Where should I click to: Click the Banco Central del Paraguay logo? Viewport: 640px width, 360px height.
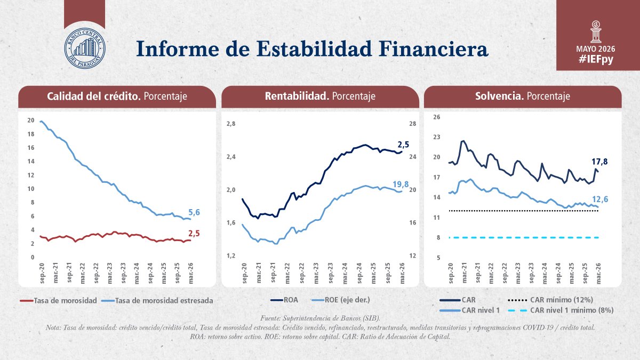pyautogui.click(x=85, y=49)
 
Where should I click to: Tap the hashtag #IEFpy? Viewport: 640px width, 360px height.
pyautogui.click(x=596, y=59)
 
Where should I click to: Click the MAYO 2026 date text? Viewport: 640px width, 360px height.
pyautogui.click(x=596, y=49)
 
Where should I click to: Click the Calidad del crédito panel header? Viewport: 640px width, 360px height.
pyautogui.click(x=117, y=97)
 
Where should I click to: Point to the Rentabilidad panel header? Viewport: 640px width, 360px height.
pyautogui.click(x=320, y=97)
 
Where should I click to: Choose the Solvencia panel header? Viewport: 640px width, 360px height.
pyautogui.click(x=523, y=97)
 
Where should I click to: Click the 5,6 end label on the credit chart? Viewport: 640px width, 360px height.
pyautogui.click(x=194, y=212)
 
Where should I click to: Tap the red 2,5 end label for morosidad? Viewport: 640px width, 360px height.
pyautogui.click(x=194, y=234)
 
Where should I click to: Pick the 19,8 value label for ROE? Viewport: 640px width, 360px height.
pyautogui.click(x=401, y=185)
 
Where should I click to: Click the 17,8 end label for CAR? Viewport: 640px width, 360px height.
pyautogui.click(x=599, y=162)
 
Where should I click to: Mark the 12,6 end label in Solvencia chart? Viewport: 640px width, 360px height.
pyautogui.click(x=600, y=199)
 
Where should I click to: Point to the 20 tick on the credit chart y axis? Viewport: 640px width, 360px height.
pyautogui.click(x=31, y=121)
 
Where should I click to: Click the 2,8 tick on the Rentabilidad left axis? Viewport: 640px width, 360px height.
pyautogui.click(x=231, y=124)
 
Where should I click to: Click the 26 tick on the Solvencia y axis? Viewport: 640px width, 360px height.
pyautogui.click(x=437, y=117)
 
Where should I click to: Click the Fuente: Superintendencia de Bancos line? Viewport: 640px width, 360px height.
pyautogui.click(x=320, y=318)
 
